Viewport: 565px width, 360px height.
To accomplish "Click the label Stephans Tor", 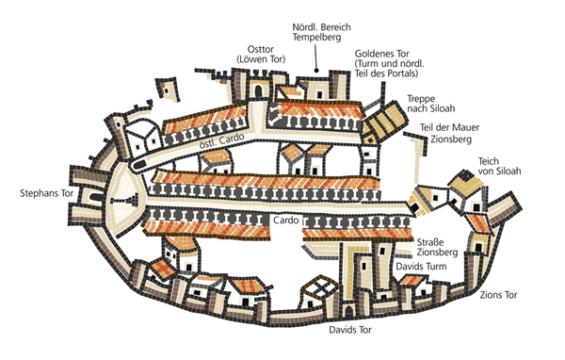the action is click(x=46, y=193).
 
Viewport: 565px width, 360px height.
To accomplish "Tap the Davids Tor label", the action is click(x=350, y=330).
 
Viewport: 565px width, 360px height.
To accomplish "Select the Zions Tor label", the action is click(x=498, y=295).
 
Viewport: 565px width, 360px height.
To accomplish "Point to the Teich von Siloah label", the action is click(x=499, y=166).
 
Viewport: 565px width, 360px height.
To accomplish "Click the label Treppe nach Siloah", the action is click(x=431, y=104).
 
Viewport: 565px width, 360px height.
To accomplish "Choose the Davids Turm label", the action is click(x=421, y=267).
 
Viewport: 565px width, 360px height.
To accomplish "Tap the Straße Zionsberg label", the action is click(x=437, y=247).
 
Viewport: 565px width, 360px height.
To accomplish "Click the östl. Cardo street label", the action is click(x=221, y=141).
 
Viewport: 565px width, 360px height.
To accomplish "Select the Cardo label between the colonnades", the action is click(x=285, y=220).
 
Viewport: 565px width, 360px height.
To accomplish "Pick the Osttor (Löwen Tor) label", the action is click(x=261, y=54).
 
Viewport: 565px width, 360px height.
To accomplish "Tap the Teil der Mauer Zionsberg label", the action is click(x=450, y=133).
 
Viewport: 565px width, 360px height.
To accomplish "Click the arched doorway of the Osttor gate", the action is click(x=258, y=91).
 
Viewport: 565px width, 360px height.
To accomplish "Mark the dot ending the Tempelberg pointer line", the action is click(x=316, y=71).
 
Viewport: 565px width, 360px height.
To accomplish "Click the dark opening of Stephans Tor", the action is click(x=95, y=197).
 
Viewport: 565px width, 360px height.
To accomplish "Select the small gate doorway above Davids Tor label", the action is click(x=348, y=309).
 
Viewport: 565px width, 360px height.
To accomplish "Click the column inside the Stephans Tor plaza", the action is click(x=125, y=200).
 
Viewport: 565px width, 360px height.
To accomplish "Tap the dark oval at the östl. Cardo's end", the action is click(x=139, y=165).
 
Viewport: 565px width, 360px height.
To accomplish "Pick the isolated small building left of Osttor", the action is click(x=168, y=90).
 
